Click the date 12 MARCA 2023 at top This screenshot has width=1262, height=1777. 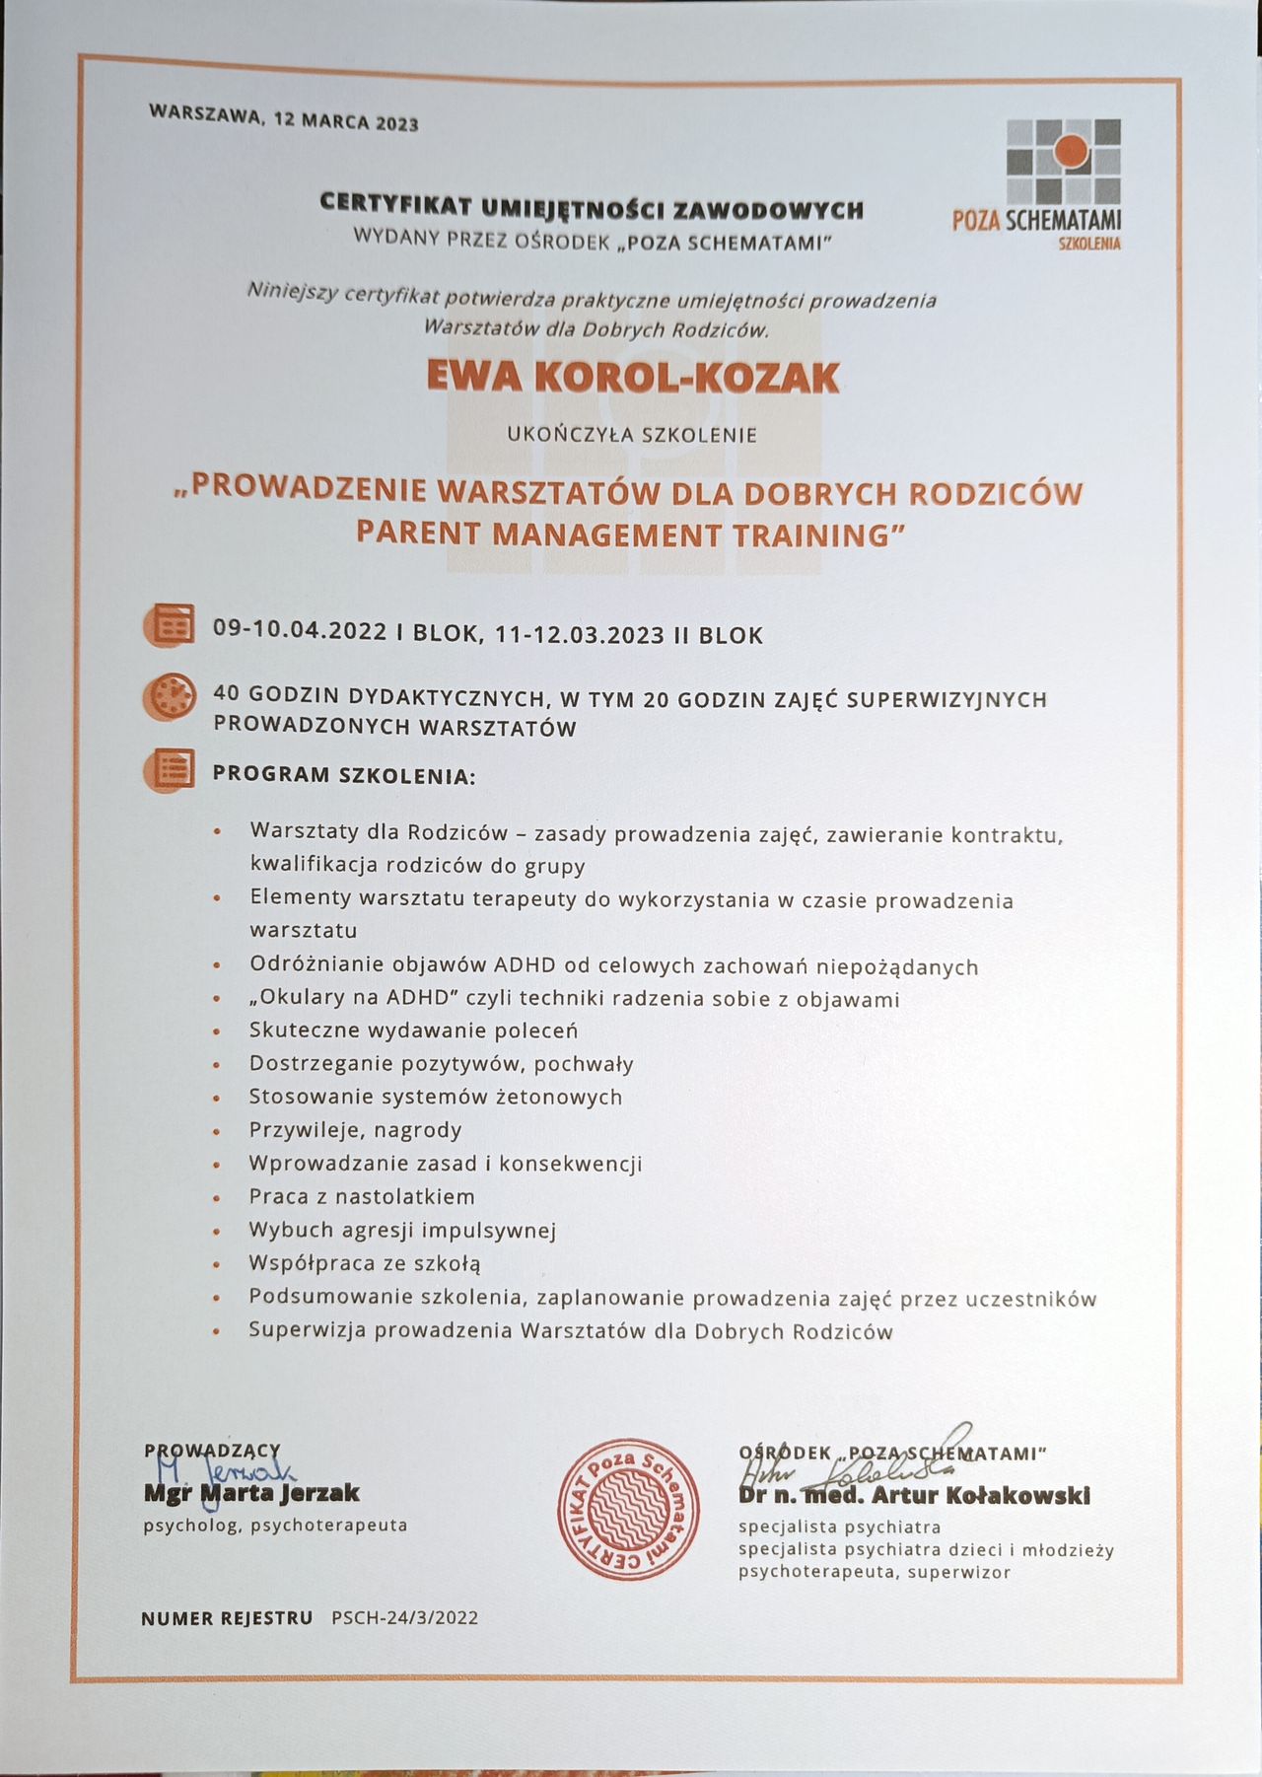click(x=346, y=121)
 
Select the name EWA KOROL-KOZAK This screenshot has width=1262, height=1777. click(x=632, y=378)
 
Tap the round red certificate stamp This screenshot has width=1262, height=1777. click(x=629, y=1510)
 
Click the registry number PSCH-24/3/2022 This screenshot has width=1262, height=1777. click(x=405, y=1617)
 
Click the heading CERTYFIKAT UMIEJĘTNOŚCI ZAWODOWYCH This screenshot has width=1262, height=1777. click(x=592, y=209)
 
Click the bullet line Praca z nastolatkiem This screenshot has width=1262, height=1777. click(x=362, y=1197)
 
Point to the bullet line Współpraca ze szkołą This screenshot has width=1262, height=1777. click(x=365, y=1263)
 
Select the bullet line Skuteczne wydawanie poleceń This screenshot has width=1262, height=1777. click(x=413, y=1031)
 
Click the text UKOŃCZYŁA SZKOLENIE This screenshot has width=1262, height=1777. click(x=632, y=434)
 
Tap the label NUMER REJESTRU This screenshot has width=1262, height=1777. click(x=227, y=1617)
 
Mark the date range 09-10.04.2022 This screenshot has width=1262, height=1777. click(x=300, y=631)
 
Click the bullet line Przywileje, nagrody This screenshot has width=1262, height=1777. click(x=355, y=1130)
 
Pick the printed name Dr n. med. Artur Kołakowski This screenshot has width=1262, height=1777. click(x=914, y=1496)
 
